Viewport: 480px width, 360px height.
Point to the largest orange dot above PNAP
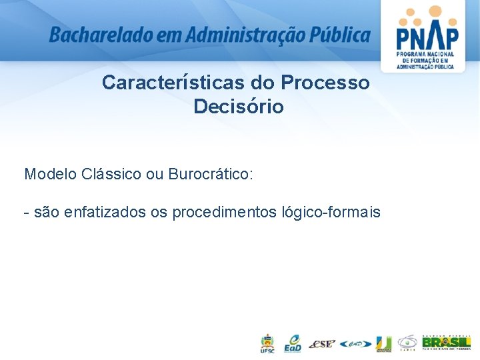[x=435, y=11]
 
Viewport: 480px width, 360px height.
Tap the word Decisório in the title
[x=239, y=107]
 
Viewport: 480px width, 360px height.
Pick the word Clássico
[x=111, y=175]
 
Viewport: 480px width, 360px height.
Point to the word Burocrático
[x=211, y=175]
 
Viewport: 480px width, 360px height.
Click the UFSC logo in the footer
[x=267, y=343]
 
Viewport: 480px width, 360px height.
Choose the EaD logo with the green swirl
[x=293, y=343]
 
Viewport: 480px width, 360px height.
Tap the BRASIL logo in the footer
[x=446, y=343]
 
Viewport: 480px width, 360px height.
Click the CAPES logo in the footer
[x=407, y=343]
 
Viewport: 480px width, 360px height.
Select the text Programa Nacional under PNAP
[x=425, y=54]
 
